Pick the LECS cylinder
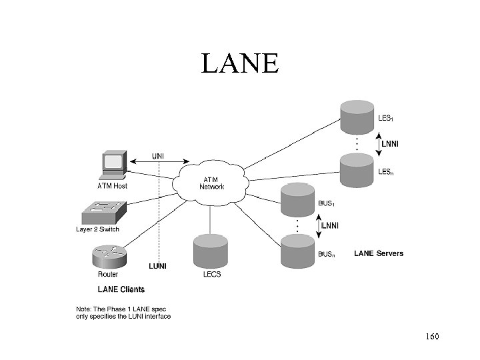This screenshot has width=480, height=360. pyautogui.click(x=211, y=252)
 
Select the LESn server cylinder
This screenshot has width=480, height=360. pyautogui.click(x=356, y=169)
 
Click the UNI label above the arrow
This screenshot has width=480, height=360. pyautogui.click(x=159, y=157)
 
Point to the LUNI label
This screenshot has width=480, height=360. pyautogui.click(x=157, y=266)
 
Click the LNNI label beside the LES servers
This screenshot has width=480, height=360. pyautogui.click(x=392, y=143)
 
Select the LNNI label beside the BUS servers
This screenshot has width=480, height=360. pyautogui.click(x=330, y=226)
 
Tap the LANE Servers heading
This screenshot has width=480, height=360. pyautogui.click(x=378, y=253)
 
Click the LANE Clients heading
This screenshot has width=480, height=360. pyautogui.click(x=121, y=289)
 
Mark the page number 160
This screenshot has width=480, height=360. pyautogui.click(x=431, y=337)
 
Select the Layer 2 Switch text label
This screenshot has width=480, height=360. pyautogui.click(x=97, y=230)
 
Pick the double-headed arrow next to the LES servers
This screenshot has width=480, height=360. pyautogui.click(x=377, y=143)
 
